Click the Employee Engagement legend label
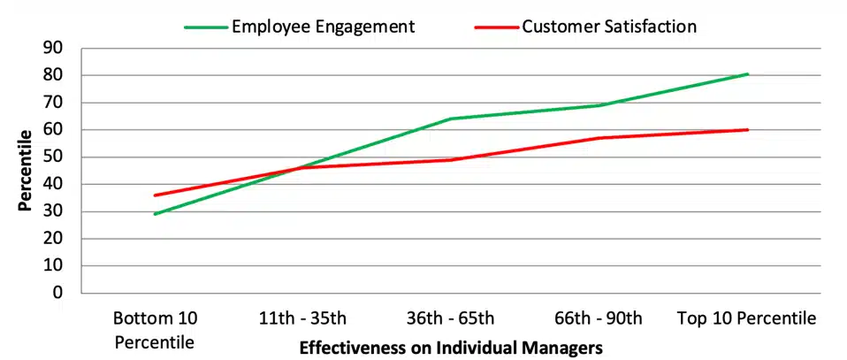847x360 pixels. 324,27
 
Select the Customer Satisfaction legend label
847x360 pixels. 609,26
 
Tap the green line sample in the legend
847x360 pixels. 206,27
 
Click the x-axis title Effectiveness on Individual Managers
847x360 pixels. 451,347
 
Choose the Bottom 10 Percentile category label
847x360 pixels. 156,330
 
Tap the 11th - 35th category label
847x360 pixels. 303,318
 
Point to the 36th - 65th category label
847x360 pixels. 451,318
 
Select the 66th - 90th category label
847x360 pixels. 599,318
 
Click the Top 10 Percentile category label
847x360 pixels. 747,318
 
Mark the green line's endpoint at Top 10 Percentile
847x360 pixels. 748,73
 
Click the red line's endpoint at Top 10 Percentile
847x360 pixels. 748,130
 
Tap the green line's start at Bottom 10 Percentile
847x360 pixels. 155,214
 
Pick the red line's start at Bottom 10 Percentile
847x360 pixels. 155,195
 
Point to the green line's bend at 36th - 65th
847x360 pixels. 451,119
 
